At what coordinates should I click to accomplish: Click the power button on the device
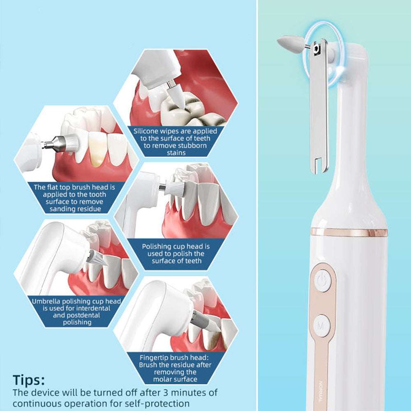[x=322, y=281]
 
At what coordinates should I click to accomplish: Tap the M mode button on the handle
[x=321, y=326]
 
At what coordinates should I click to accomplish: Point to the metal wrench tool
[x=319, y=105]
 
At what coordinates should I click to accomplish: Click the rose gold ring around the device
[x=349, y=232]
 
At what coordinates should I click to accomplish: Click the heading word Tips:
[x=29, y=380]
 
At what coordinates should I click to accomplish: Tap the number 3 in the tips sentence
[x=165, y=393]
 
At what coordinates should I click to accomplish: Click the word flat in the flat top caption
[x=53, y=187]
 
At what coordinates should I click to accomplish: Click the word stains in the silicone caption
[x=176, y=153]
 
